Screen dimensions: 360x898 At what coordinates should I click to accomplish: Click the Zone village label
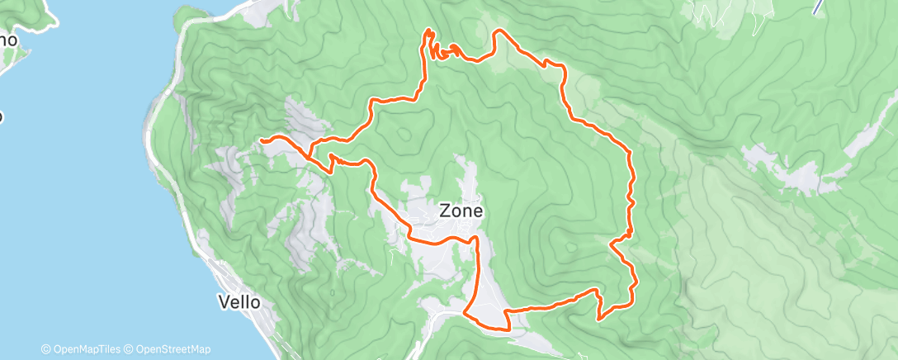pos(460,211)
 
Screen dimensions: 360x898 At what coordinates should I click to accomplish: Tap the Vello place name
pos(239,302)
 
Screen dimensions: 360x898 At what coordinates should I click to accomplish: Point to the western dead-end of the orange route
pos(262,141)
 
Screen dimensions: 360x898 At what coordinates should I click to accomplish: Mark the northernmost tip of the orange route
pos(429,30)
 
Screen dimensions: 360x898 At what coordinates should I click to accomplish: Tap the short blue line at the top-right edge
pos(817,7)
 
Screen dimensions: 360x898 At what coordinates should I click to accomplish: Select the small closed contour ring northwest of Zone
pos(404,134)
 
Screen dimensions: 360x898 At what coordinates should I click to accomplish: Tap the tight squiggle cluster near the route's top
pos(448,52)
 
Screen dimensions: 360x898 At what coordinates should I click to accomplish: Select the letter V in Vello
pos(224,302)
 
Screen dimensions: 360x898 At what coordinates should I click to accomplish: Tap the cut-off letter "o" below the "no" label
pos(2,116)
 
